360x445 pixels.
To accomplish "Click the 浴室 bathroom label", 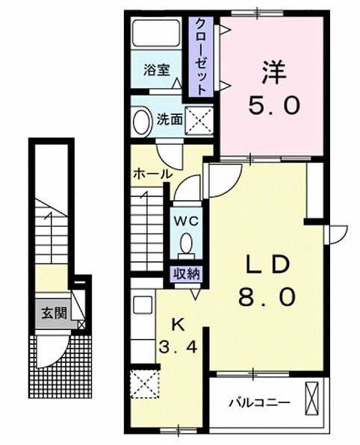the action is coord(156,70).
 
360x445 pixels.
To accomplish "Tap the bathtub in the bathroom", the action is coord(156,32).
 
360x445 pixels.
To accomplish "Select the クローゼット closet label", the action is coord(201,57).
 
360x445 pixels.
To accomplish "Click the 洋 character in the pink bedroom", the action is coord(273,72).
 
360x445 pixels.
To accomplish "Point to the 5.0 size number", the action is coord(274,105).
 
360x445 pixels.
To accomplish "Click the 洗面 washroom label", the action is coord(170,119).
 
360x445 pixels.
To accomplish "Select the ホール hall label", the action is coord(152,174).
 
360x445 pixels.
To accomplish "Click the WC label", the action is coord(186,221).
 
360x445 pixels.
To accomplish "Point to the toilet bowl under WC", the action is coord(186,243).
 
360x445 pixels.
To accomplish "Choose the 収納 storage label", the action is coord(187,274).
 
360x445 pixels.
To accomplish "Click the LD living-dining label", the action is coord(267,264).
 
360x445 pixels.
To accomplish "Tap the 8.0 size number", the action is coord(267,296).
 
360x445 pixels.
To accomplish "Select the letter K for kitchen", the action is coord(179,324).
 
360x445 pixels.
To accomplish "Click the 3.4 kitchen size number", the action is coord(178,346).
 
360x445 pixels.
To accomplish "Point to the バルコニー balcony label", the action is coord(260,402).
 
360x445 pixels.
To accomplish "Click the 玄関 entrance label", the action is coord(55,314).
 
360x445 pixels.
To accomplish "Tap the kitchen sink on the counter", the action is coord(143,305).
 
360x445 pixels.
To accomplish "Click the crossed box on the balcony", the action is coord(311,399).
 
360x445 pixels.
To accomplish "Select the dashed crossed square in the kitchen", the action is coord(145,385).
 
